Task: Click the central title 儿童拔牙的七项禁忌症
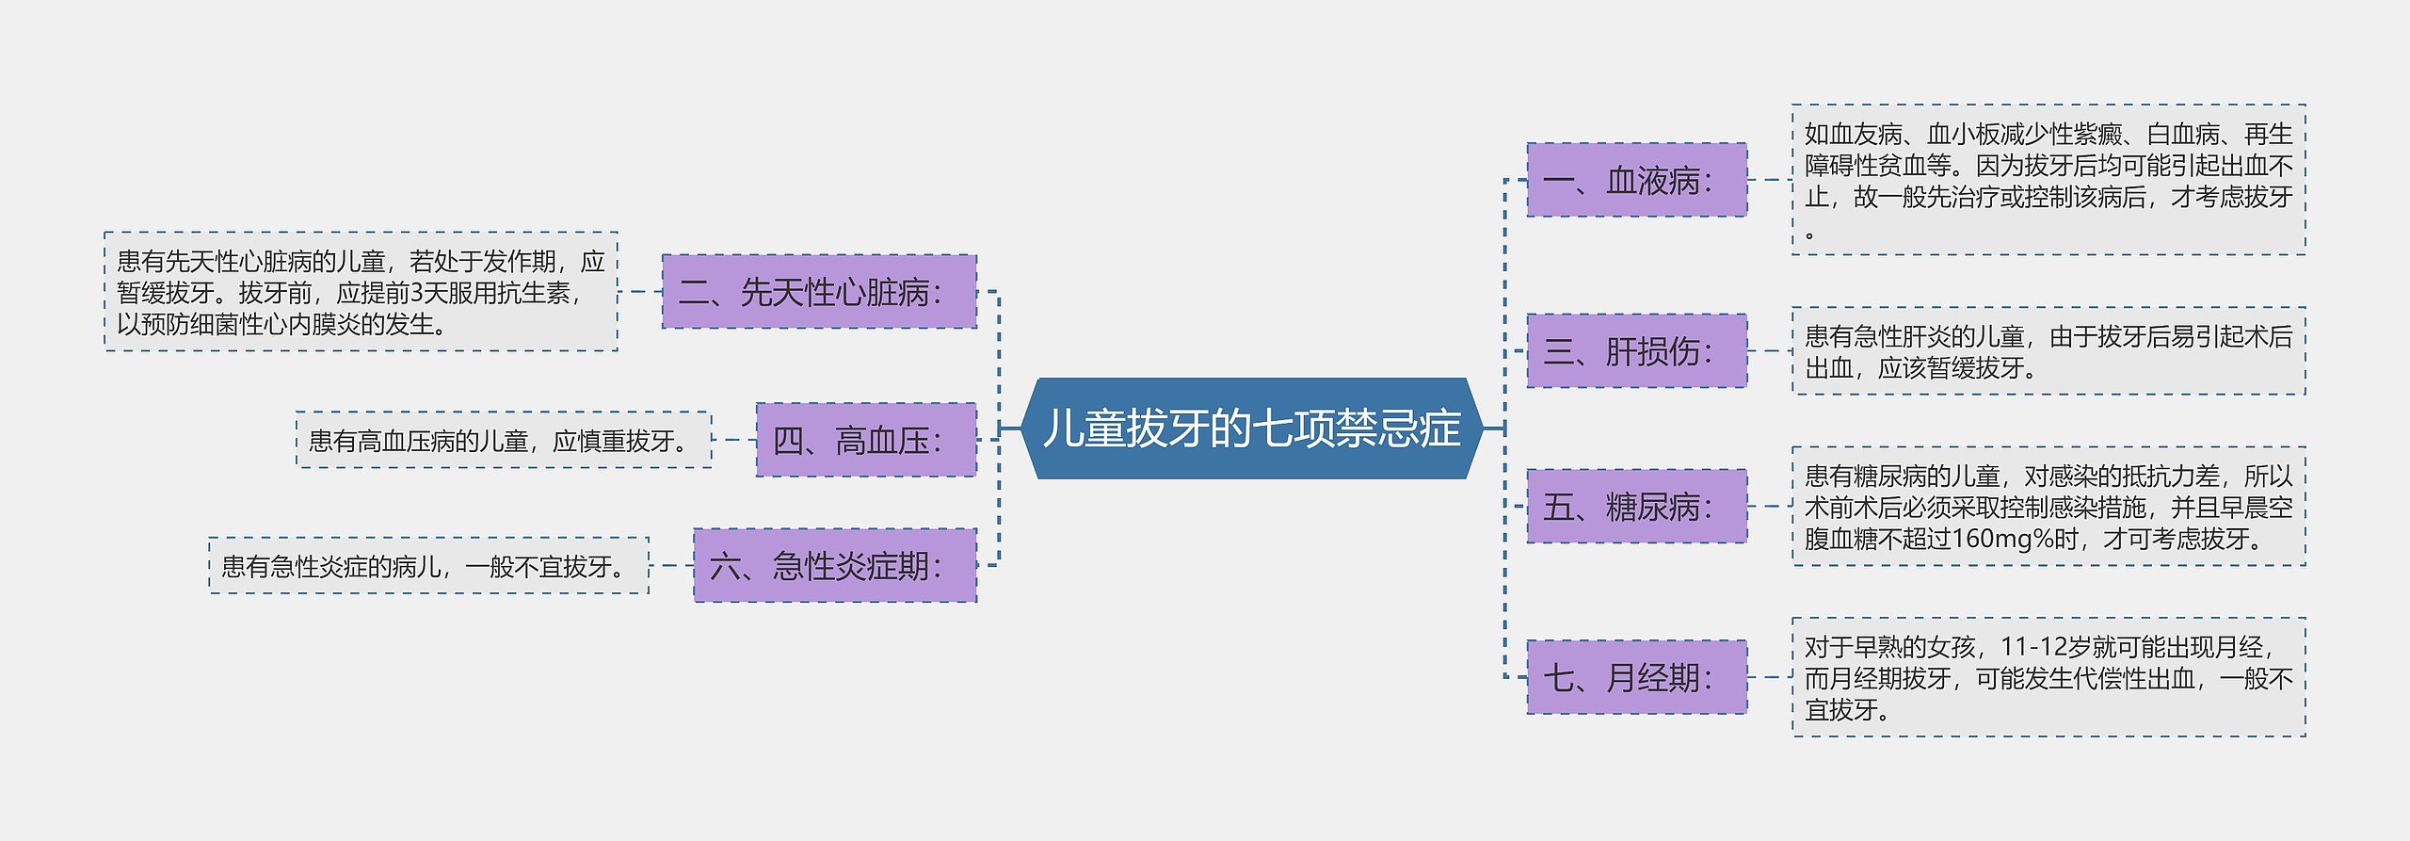pos(1252,429)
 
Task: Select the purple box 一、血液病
pos(1636,180)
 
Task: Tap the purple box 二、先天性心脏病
pos(819,292)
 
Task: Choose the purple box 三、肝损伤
pos(1636,351)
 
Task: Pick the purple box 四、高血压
pos(866,440)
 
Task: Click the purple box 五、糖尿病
pos(1636,507)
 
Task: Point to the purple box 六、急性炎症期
pos(835,566)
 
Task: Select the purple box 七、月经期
pos(1636,677)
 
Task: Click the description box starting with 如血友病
pos(2048,180)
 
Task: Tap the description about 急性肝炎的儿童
pos(2048,351)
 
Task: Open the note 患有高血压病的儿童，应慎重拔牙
pos(504,440)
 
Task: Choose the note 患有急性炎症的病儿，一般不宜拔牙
pos(428,566)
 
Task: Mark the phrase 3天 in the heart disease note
pos(428,293)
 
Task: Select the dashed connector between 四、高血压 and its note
pos(734,440)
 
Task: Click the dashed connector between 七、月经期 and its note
pos(1770,677)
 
